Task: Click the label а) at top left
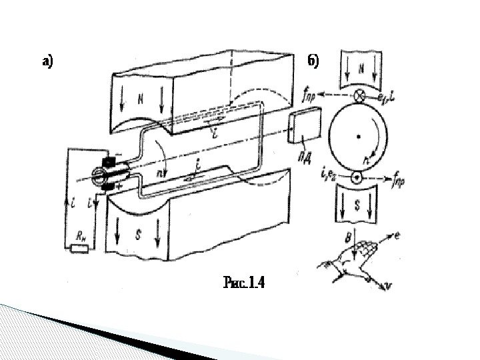[47, 63]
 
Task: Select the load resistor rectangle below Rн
[79, 249]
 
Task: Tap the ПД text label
[304, 139]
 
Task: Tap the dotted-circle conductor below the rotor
[358, 178]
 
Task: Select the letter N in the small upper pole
[361, 68]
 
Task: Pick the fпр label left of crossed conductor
[309, 94]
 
